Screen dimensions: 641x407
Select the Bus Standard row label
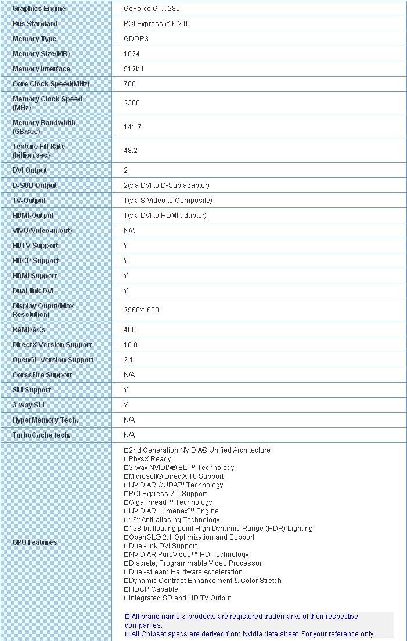(x=35, y=24)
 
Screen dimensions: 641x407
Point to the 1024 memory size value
(x=132, y=54)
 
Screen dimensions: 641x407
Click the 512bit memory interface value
(x=134, y=69)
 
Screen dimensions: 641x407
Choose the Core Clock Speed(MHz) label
(x=51, y=84)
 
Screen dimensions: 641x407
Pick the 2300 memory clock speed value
(x=132, y=103)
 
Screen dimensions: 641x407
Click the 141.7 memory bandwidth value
(x=132, y=127)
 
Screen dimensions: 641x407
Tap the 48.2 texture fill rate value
(x=131, y=151)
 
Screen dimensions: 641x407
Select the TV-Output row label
(x=29, y=201)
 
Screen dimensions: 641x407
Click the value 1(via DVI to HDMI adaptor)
(x=165, y=216)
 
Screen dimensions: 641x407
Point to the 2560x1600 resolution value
(x=141, y=310)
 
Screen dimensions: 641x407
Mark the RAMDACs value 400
(x=130, y=330)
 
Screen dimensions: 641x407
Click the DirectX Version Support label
(x=52, y=345)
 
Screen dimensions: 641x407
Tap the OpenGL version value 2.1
(x=128, y=360)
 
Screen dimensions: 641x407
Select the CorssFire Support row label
(x=42, y=375)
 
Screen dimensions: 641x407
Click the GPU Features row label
(x=35, y=542)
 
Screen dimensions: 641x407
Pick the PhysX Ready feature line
(x=150, y=459)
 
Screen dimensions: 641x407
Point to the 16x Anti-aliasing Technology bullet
(x=166, y=520)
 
